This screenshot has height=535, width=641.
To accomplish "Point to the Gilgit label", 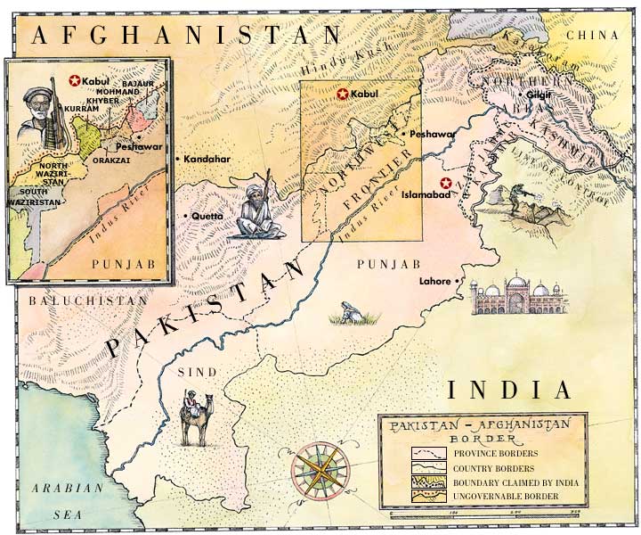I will (x=539, y=94).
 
